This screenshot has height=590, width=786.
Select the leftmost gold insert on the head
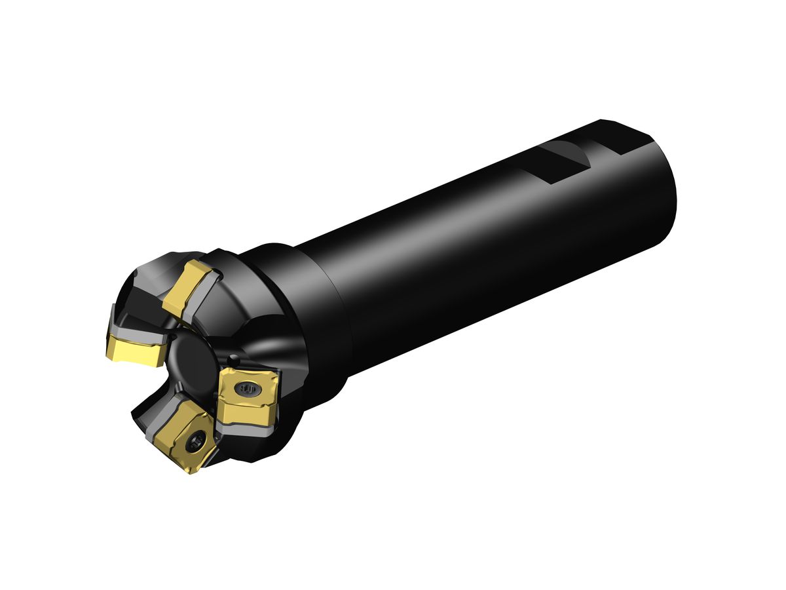point(135,349)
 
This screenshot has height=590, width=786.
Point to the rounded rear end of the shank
point(665,190)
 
